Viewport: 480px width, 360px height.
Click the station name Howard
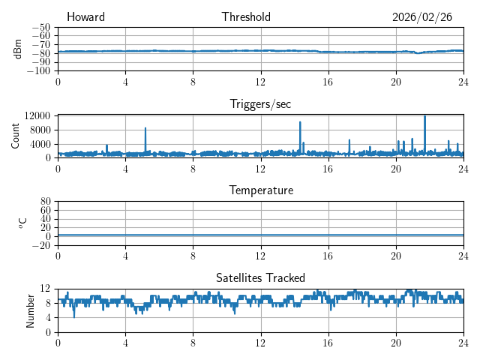pos(85,17)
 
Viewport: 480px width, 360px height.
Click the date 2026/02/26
pos(422,17)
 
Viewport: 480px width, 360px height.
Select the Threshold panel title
pos(246,17)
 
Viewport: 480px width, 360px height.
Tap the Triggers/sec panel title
pos(260,104)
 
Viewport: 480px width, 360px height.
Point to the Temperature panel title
pos(260,190)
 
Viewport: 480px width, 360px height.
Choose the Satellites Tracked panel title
pos(260,277)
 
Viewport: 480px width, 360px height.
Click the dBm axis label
pos(17,49)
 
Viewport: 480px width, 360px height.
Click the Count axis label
pos(16,136)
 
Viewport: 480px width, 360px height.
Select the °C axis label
pos(22,223)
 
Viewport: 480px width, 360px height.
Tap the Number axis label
pos(31,310)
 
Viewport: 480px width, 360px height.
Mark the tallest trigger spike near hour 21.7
pos(424,116)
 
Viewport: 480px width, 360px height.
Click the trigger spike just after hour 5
pos(145,129)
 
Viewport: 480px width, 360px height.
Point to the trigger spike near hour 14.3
pos(300,123)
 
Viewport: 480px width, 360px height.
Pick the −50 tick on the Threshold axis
pos(40,27)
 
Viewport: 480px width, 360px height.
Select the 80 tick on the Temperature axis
pos(45,201)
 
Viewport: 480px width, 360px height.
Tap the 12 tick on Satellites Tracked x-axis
pos(260,342)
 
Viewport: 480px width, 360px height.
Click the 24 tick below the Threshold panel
pos(463,81)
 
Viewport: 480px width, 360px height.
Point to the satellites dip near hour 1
pos(73,316)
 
